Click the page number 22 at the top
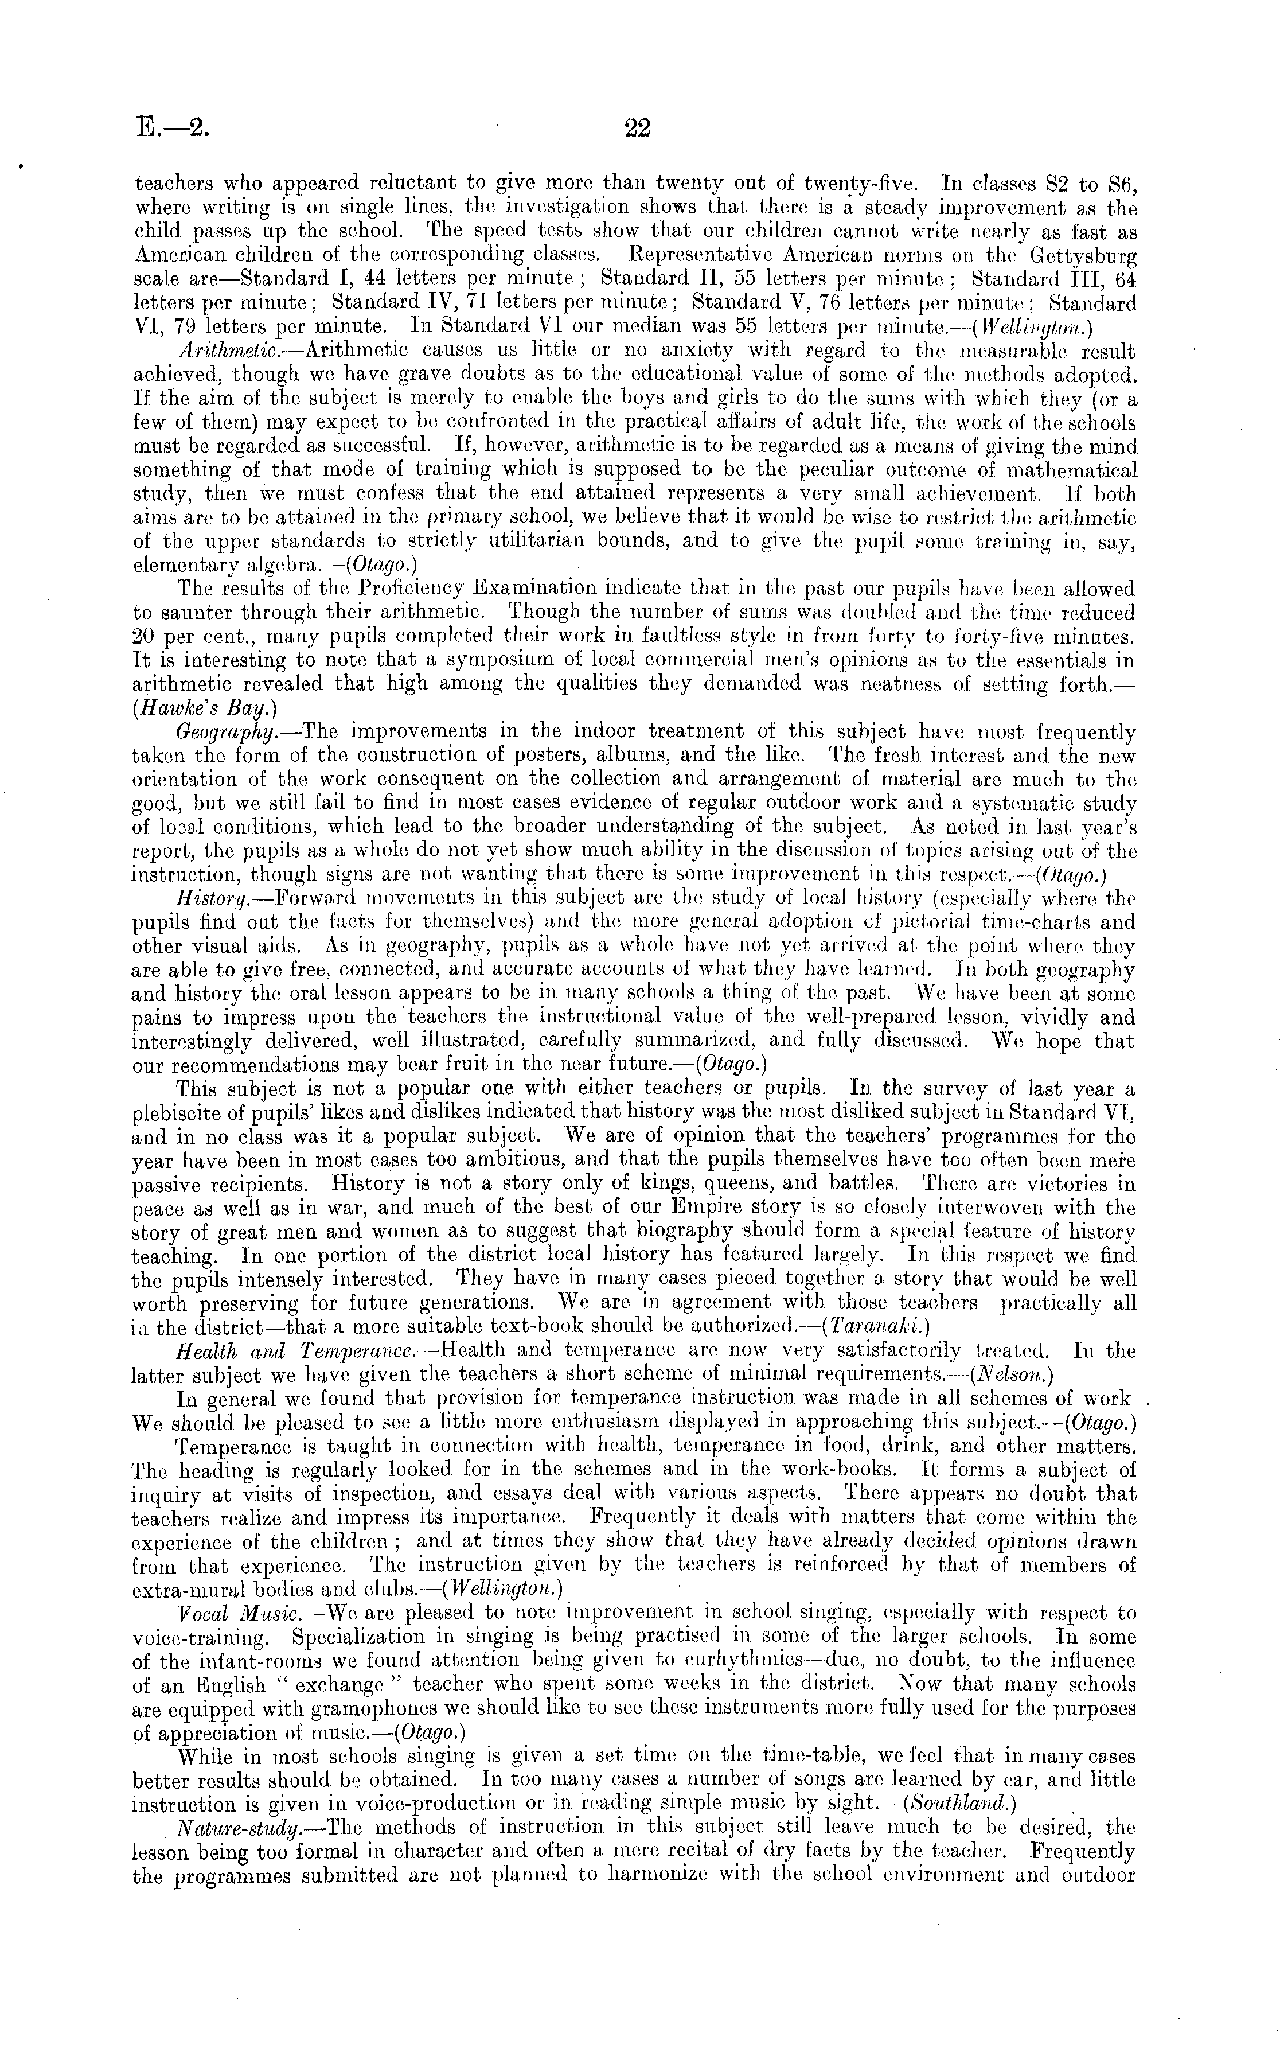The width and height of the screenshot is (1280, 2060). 637,128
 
